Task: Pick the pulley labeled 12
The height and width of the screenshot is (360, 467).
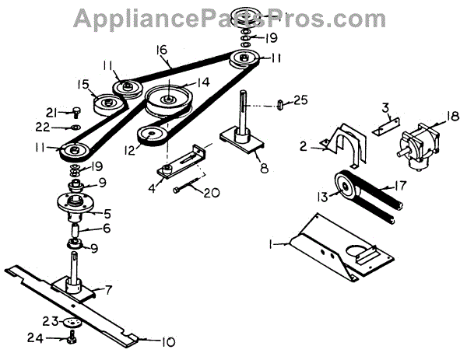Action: point(150,137)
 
